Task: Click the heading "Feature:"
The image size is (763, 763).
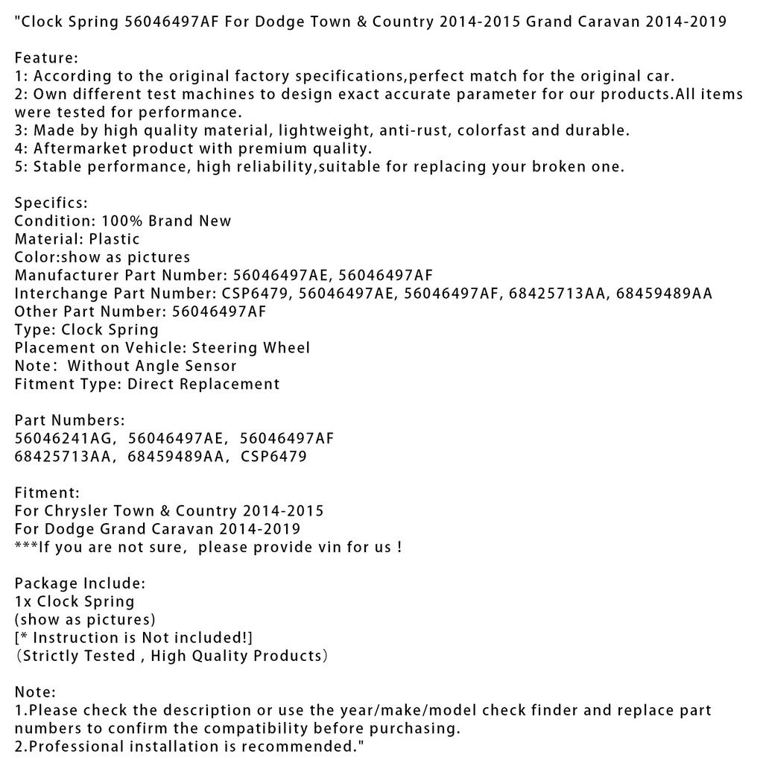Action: [x=46, y=57]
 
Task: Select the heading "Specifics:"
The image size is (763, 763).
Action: [x=51, y=203]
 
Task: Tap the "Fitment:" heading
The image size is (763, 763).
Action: [x=47, y=493]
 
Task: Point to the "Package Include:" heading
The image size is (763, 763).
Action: [x=80, y=583]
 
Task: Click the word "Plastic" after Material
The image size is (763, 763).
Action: [x=114, y=239]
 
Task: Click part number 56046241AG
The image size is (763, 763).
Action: [x=66, y=438]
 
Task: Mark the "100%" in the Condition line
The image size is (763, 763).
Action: [x=124, y=221]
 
